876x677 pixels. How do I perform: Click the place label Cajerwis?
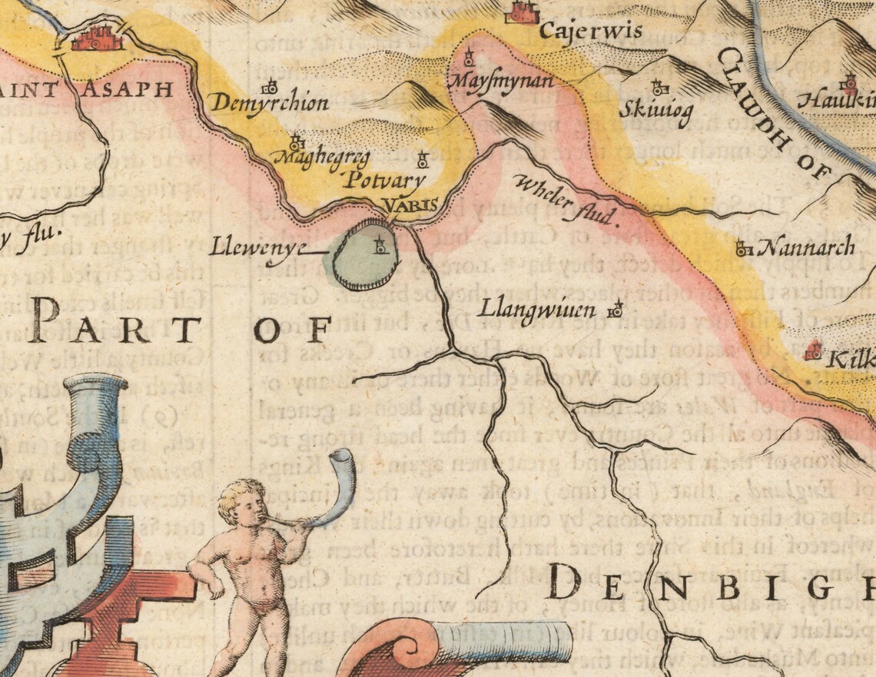579,32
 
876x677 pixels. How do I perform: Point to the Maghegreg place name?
321,158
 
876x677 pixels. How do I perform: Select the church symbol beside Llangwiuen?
614,310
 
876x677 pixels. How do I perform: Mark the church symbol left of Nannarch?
742,248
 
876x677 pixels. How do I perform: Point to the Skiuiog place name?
655,111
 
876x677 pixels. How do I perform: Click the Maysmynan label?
499,79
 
